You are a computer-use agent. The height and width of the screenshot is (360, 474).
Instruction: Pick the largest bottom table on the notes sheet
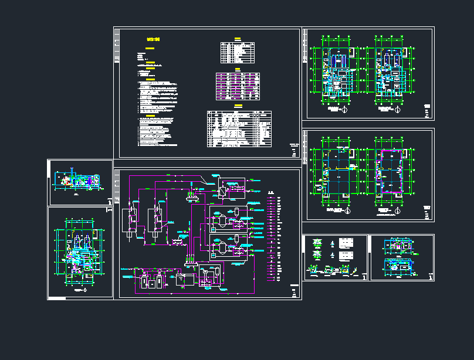239,129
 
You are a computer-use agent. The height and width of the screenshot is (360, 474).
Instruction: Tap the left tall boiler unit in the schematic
130,219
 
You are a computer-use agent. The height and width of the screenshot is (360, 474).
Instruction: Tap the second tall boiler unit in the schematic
157,219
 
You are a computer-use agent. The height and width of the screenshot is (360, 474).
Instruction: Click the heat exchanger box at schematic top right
224,188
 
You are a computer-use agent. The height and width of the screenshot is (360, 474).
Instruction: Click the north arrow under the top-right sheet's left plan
346,110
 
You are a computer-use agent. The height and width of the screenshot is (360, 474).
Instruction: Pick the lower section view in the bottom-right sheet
398,266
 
